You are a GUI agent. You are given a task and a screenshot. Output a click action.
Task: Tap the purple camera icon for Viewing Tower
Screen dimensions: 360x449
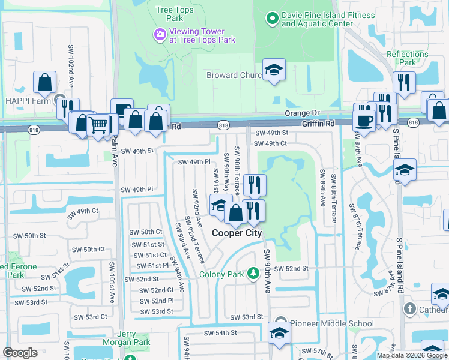click(160, 35)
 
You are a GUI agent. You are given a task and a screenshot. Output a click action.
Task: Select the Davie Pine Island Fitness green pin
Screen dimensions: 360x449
click(271, 19)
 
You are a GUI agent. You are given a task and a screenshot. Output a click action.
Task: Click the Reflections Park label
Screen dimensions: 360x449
click(407, 58)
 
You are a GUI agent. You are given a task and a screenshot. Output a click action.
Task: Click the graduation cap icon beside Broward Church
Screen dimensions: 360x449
click(274, 70)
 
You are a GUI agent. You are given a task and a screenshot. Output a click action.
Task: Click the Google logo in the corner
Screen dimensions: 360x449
click(20, 353)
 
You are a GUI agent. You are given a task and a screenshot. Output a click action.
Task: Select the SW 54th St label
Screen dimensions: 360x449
click(220, 332)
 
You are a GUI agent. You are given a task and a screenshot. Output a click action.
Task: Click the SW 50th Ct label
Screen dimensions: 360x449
click(146, 232)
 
